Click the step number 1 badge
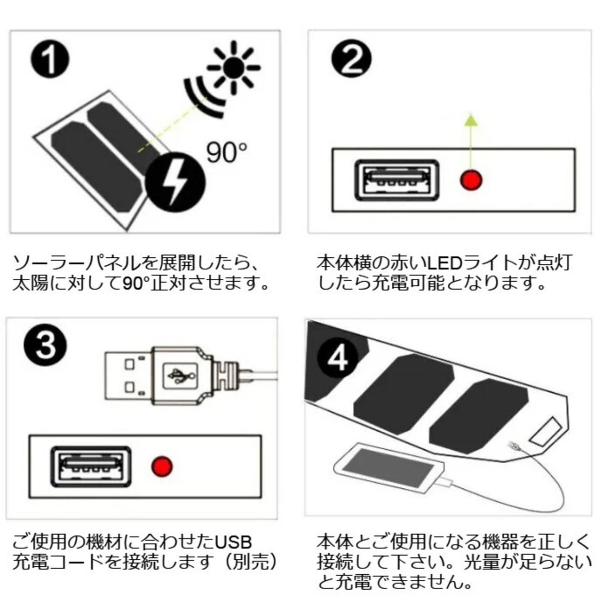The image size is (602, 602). coord(50,60)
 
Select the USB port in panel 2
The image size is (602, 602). coord(397,180)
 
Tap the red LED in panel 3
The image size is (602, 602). coord(162,466)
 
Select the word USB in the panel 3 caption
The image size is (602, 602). coord(234,542)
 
